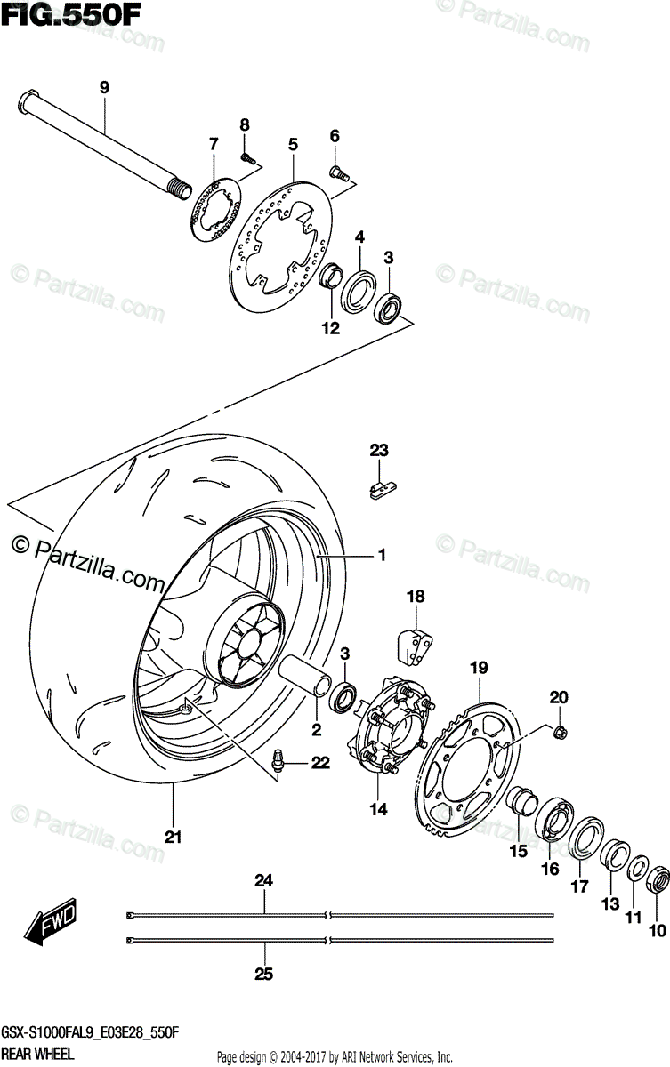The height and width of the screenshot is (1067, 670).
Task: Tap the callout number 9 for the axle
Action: coord(104,87)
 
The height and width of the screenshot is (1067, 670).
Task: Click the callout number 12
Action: coord(331,328)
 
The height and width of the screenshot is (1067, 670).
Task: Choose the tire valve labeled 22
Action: coord(278,761)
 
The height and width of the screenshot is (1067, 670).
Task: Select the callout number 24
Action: coord(263,881)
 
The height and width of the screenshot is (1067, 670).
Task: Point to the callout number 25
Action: coord(263,974)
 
